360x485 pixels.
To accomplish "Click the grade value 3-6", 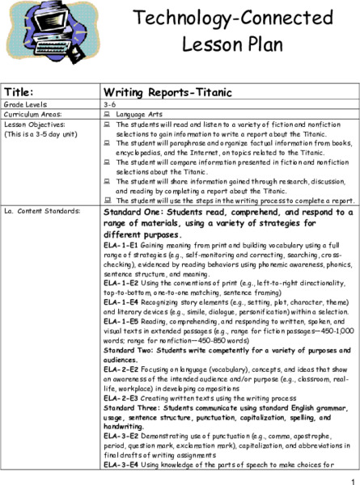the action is tap(111, 105).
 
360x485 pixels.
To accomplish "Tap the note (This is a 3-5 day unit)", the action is tap(39, 134).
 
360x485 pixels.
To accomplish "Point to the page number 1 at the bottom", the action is tap(354, 479).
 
